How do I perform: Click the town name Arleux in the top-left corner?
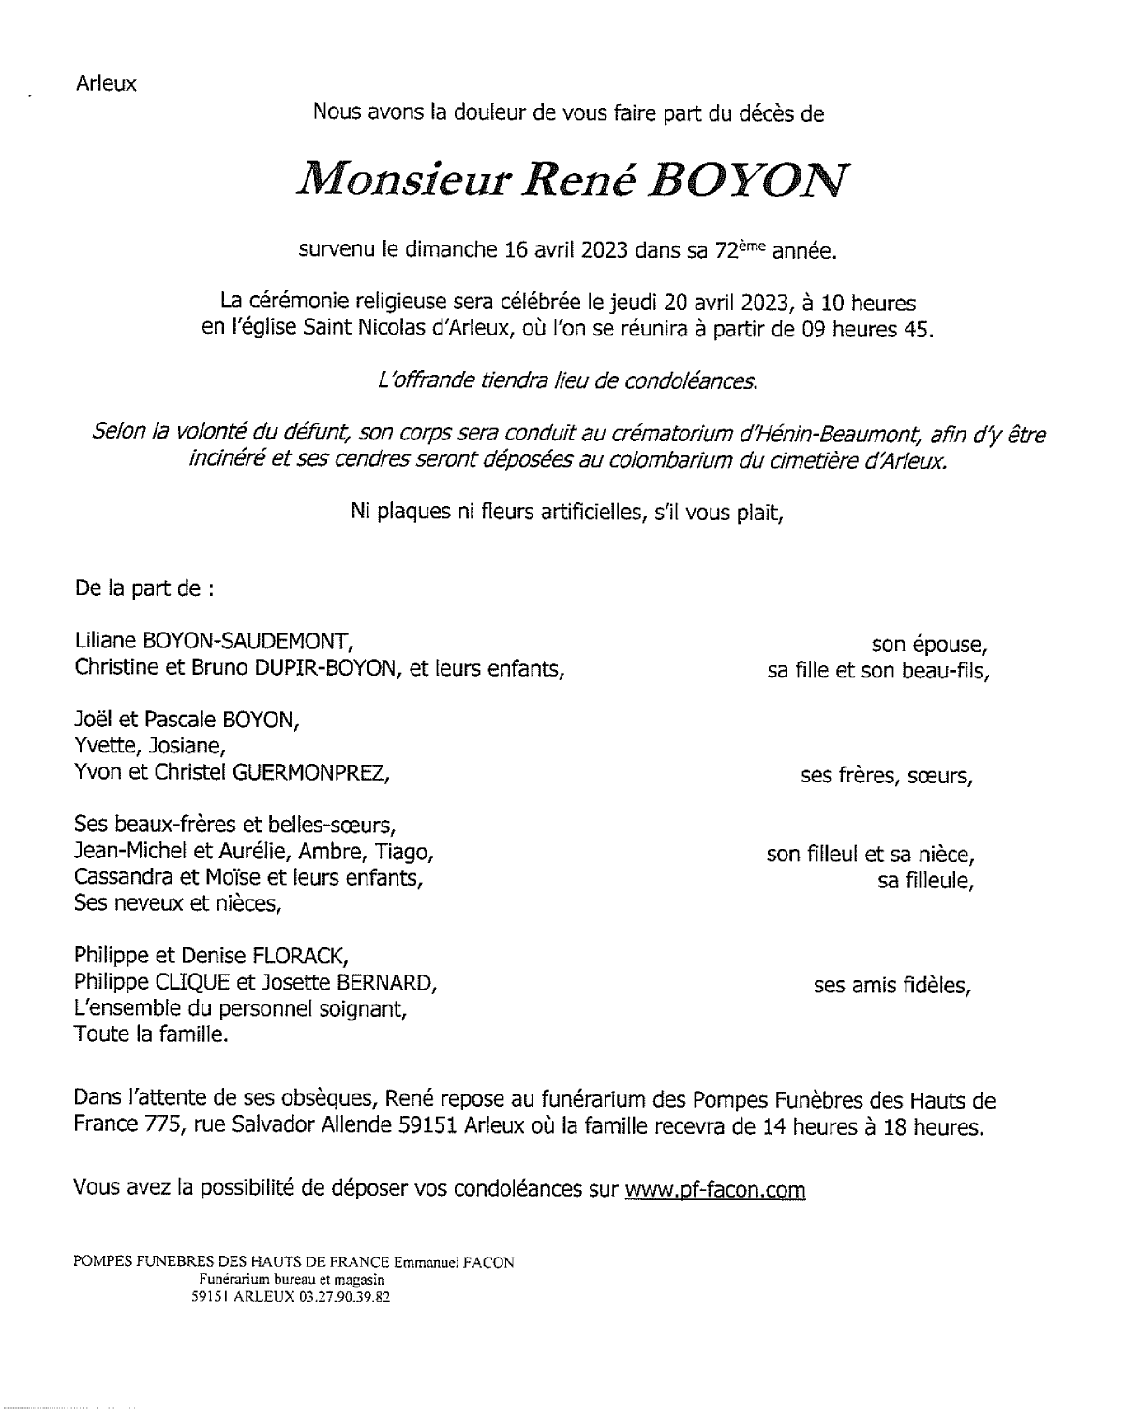coord(106,83)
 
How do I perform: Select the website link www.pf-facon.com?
coord(715,1189)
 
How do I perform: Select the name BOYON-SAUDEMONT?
coord(247,642)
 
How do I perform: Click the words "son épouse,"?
coord(930,645)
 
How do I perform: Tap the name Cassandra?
coord(114,878)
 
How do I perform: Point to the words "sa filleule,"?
coord(925,881)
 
